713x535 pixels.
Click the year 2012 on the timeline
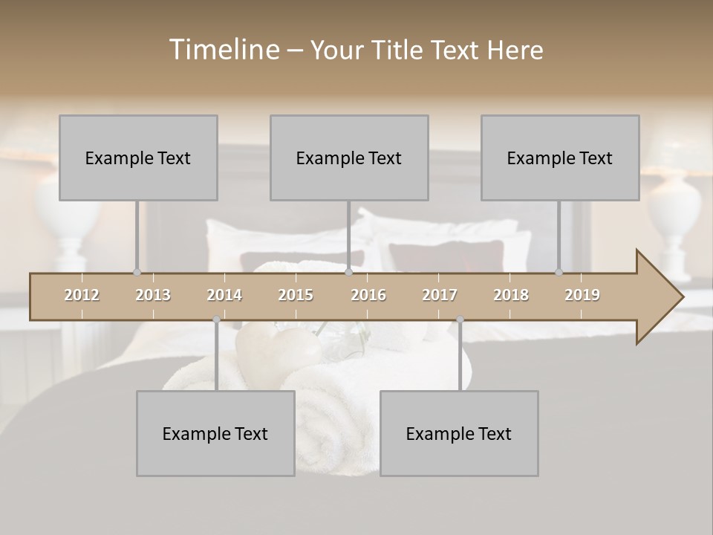tap(82, 295)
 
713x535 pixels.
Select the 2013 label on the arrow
tap(153, 295)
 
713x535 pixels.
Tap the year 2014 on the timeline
tap(224, 295)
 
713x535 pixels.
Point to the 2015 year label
tap(296, 295)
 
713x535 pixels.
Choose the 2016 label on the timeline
tap(368, 295)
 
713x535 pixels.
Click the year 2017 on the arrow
tap(440, 295)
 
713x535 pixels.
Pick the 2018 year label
tap(511, 295)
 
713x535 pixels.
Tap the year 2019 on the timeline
tap(582, 295)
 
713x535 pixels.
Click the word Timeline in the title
tap(224, 50)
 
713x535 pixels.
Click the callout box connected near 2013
tap(138, 158)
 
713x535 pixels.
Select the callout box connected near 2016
tap(349, 158)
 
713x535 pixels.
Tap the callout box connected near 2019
tap(560, 158)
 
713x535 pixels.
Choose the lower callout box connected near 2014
tap(215, 433)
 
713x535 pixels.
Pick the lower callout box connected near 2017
tap(459, 433)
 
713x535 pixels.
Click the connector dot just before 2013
tap(137, 272)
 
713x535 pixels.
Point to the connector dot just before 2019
tap(559, 272)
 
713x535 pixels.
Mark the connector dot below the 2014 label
tap(216, 320)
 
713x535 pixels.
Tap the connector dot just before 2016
tap(348, 272)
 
